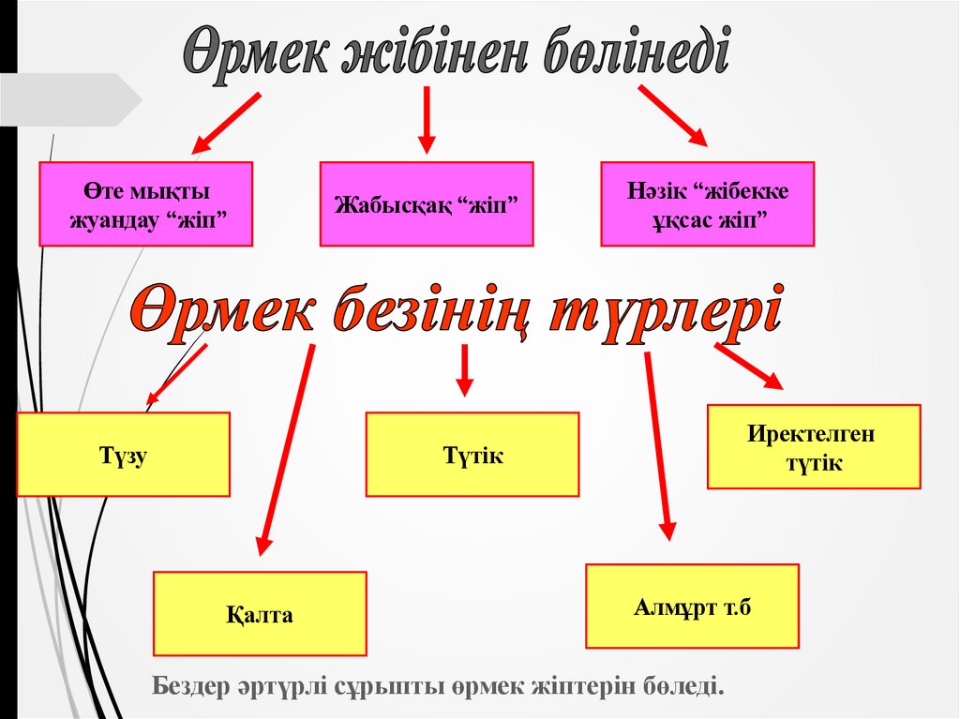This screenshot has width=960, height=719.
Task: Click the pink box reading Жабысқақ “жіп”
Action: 427,204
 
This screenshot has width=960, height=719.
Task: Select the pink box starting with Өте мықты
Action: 145,204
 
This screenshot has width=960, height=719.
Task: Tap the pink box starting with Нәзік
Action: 708,204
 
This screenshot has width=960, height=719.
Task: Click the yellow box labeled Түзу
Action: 124,455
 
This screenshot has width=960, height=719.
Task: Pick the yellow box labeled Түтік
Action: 472,455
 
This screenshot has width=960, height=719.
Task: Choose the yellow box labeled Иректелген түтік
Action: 814,447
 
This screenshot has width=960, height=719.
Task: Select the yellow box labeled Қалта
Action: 260,614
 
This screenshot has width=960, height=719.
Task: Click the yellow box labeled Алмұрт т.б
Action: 693,607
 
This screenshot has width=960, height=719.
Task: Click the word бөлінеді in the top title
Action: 637,53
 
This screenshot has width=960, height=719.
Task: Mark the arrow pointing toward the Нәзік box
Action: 673,115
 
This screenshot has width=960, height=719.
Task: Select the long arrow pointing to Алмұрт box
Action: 659,446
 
